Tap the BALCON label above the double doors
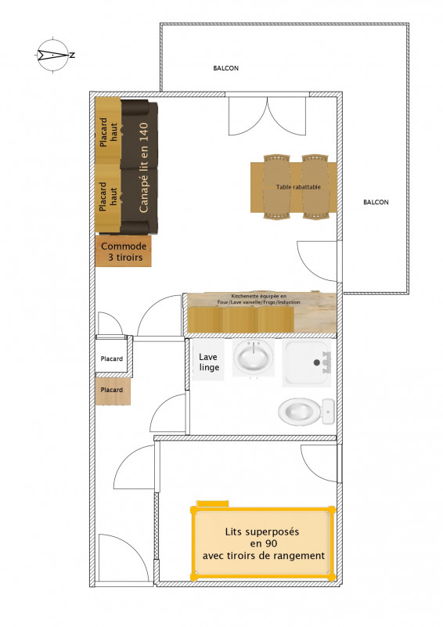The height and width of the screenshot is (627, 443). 225,68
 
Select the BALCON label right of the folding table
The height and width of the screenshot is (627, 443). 376,202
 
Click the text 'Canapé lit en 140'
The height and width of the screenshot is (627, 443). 143,168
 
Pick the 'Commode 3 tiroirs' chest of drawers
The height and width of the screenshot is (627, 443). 124,251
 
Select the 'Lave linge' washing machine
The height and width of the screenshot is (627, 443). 209,362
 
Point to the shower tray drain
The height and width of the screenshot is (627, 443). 319,362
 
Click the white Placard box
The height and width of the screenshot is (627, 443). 112,359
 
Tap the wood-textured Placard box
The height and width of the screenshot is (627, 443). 112,390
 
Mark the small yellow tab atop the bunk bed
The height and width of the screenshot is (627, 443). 211,504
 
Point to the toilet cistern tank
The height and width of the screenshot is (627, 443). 328,411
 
